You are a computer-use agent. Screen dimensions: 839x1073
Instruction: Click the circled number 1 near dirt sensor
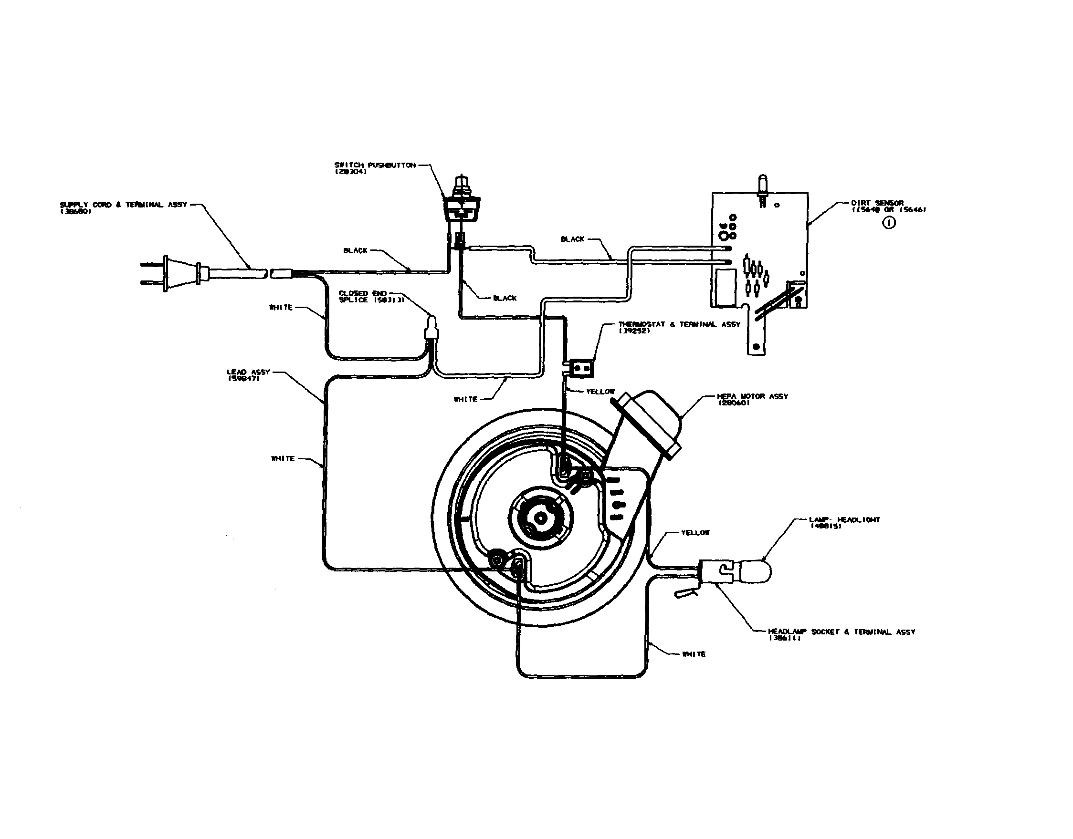889,223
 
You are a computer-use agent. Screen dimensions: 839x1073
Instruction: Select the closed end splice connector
431,329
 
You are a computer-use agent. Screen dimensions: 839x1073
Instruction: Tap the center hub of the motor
540,518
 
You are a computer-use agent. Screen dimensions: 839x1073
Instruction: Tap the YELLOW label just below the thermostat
600,392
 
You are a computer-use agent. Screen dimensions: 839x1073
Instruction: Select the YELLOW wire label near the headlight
695,533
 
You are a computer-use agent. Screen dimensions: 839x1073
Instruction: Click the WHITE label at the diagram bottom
694,654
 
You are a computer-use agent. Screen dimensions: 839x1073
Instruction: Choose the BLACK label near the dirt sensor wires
573,239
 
